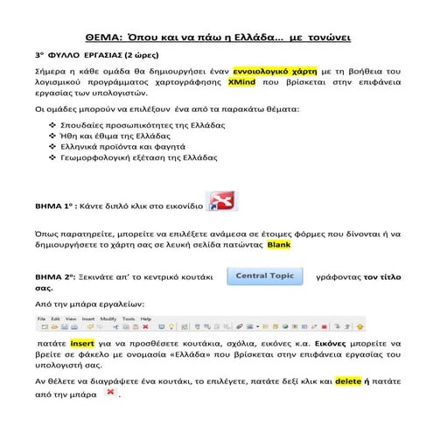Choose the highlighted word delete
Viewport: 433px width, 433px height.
(x=347, y=381)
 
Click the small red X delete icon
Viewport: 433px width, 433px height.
(x=109, y=395)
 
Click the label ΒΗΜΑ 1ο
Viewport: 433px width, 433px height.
(x=54, y=210)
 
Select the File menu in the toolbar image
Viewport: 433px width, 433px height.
(x=41, y=321)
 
